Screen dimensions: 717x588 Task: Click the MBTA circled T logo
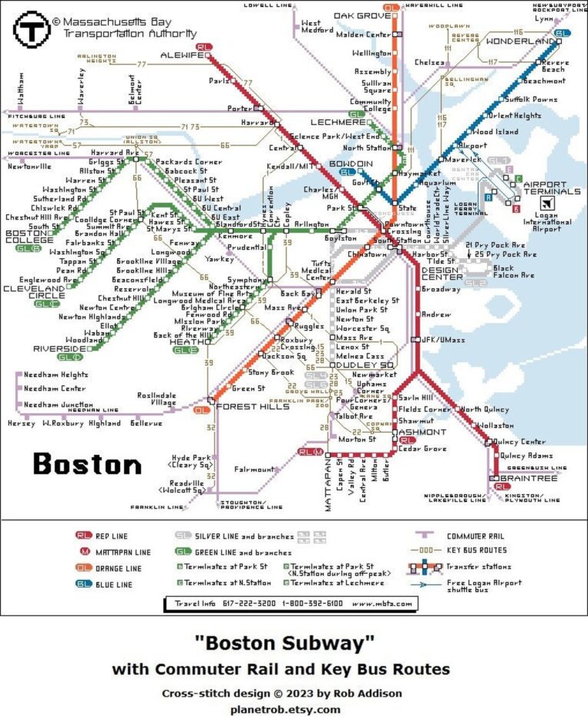tap(31, 30)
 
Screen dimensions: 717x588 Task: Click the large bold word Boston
tap(87, 464)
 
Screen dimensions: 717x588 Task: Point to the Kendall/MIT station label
tap(288, 166)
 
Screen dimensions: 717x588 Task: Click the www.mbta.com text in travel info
tap(381, 604)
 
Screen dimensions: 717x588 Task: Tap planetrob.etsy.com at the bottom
tap(286, 709)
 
